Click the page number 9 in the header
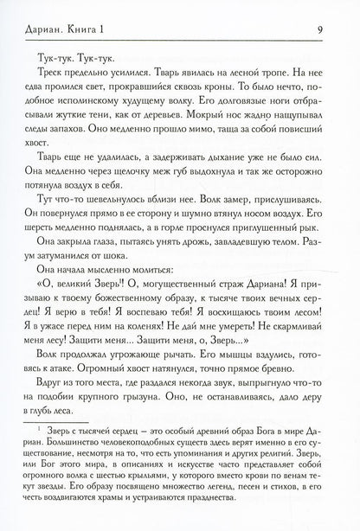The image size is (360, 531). click(321, 11)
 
